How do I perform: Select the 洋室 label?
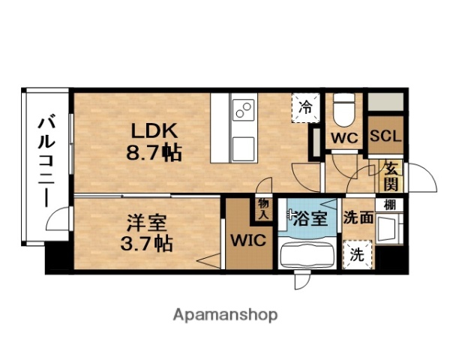click(x=144, y=222)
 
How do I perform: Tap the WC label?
click(x=346, y=138)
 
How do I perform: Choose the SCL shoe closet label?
click(x=385, y=137)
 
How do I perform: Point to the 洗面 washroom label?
click(x=358, y=218)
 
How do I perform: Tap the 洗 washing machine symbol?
click(x=357, y=254)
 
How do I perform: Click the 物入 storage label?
click(x=264, y=209)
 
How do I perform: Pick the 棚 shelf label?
click(x=391, y=203)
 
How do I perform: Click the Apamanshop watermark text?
click(x=225, y=314)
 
